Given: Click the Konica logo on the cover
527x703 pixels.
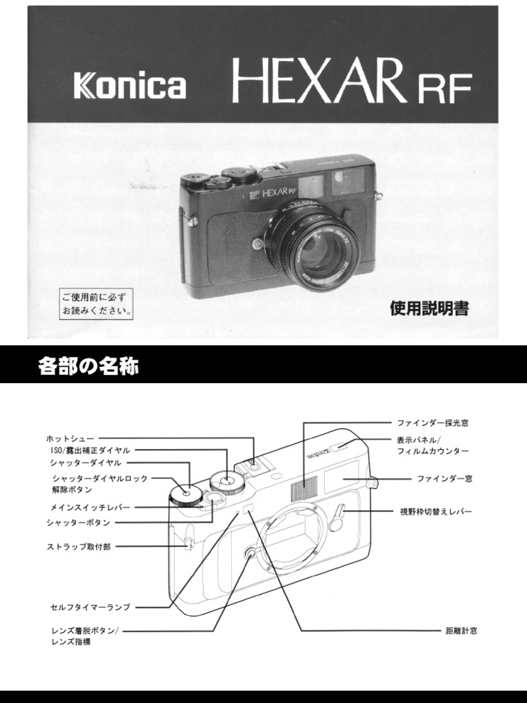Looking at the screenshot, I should [130, 87].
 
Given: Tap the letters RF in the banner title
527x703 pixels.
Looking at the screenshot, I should [442, 88].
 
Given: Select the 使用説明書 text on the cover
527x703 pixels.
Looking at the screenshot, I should [429, 309].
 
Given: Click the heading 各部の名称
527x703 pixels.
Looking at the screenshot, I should [88, 367].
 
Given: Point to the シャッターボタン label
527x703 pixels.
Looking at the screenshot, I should [78, 522].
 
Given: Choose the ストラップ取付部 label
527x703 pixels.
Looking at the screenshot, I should [78, 546].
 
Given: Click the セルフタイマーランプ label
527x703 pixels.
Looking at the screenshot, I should [90, 607].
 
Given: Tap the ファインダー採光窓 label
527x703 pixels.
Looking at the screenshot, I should [433, 423].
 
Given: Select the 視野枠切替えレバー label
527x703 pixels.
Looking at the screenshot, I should [436, 511].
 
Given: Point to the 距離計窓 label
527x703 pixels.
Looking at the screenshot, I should [461, 630].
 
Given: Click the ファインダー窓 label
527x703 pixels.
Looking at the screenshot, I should [444, 478].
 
